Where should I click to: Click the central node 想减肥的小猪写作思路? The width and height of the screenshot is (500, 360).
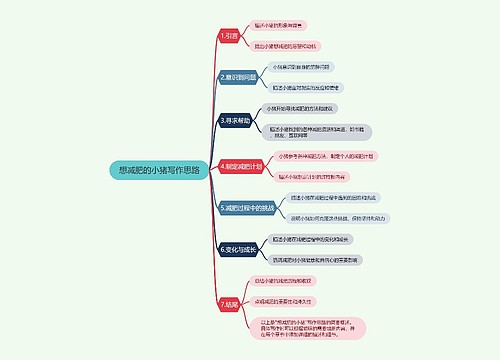159,171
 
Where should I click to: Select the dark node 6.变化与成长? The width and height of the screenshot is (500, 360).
239,246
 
